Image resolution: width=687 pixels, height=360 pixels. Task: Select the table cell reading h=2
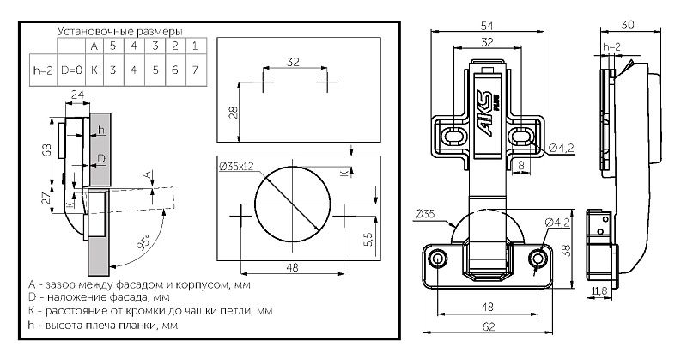(40, 68)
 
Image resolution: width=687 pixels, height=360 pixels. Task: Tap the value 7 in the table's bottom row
(195, 68)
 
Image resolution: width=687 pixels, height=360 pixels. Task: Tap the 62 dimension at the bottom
(489, 326)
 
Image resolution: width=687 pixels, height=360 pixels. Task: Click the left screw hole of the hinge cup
(438, 258)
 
